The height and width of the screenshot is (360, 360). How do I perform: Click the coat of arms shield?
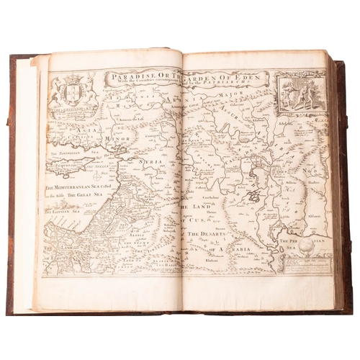tap(73, 91)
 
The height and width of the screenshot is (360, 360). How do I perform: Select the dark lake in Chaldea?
tap(253, 195)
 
